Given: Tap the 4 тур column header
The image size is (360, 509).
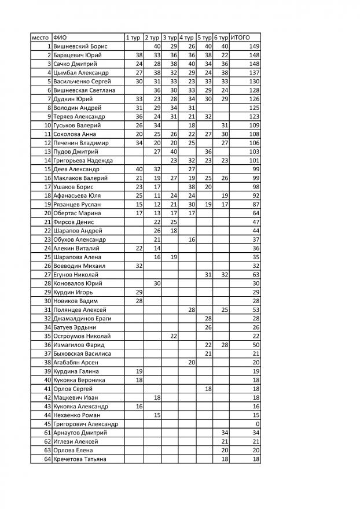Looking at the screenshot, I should pyautogui.click(x=186, y=37).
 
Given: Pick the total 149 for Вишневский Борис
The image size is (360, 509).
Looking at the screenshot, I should pyautogui.click(x=253, y=46).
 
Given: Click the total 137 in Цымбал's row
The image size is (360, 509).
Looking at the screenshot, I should pyautogui.click(x=253, y=73).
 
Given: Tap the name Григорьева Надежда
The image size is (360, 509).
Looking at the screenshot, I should pyautogui.click(x=83, y=160).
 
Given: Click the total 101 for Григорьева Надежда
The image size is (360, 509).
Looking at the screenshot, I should pyautogui.click(x=253, y=160).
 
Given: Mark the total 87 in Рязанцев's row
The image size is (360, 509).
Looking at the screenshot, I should pyautogui.click(x=255, y=205).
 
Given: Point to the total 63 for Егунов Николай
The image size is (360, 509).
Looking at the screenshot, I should pyautogui.click(x=255, y=274).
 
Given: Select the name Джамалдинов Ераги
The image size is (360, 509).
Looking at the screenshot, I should pyautogui.click(x=82, y=318).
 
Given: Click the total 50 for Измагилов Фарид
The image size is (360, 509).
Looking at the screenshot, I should pyautogui.click(x=255, y=345).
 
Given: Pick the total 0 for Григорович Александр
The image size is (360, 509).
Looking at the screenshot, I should pyautogui.click(x=256, y=423).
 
